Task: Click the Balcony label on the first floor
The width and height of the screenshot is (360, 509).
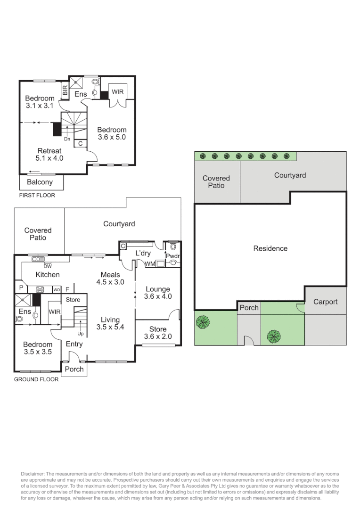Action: [x=40, y=182]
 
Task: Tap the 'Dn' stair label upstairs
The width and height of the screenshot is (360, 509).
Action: [x=67, y=139]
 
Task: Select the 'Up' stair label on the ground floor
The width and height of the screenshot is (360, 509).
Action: [x=80, y=333]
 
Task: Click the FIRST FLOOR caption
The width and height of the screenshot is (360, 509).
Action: [x=37, y=195]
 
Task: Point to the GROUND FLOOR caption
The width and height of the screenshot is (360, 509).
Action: [x=36, y=379]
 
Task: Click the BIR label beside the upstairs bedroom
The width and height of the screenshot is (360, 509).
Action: [x=65, y=91]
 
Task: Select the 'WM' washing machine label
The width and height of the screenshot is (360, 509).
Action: [x=150, y=263]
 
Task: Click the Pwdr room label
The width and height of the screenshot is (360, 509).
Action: [x=172, y=256]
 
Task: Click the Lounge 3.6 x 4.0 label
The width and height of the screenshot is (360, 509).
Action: [x=157, y=293]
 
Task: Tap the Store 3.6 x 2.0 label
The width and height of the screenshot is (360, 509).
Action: [x=157, y=333]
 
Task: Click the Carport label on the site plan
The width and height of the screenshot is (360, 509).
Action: [x=325, y=302]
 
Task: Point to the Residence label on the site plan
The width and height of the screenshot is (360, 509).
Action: [x=270, y=248]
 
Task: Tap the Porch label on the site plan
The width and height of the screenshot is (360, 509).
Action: [x=249, y=308]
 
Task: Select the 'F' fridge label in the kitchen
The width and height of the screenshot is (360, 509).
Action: [x=67, y=289]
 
